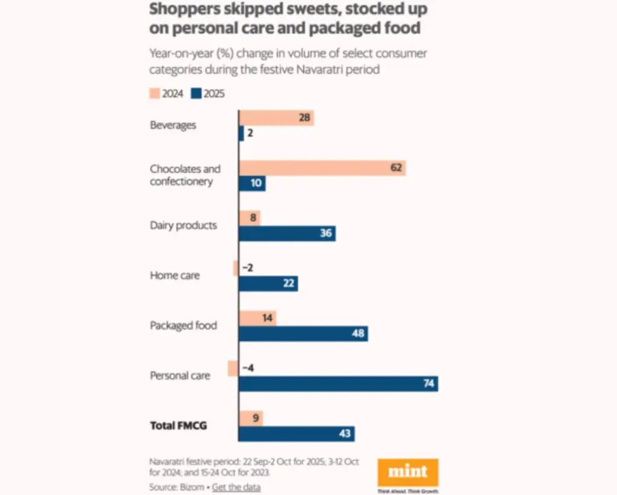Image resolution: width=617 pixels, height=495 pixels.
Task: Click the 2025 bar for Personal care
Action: [338, 384]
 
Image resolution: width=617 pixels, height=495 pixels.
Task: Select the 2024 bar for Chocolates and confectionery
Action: [322, 167]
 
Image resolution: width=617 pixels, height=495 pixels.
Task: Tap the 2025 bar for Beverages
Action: [241, 133]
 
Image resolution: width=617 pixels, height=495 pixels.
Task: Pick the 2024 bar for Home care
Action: [236, 268]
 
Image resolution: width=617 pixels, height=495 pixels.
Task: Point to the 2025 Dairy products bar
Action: [287, 233]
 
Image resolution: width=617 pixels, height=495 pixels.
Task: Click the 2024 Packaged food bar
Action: [257, 318]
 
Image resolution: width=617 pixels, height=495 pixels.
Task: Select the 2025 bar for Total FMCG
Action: [296, 434]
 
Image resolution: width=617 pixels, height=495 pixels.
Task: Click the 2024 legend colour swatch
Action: [154, 93]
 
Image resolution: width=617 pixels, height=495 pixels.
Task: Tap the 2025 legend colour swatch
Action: [196, 93]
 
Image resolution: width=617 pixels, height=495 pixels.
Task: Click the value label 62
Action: [396, 167]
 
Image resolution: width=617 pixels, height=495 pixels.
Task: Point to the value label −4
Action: [247, 368]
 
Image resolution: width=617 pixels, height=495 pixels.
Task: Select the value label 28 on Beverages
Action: [304, 117]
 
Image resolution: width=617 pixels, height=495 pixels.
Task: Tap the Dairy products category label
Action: [183, 225]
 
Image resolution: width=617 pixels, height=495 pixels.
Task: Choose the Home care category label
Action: [175, 275]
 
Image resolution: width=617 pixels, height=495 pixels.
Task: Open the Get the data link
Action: [236, 487]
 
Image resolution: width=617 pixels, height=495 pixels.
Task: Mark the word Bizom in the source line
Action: [190, 487]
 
